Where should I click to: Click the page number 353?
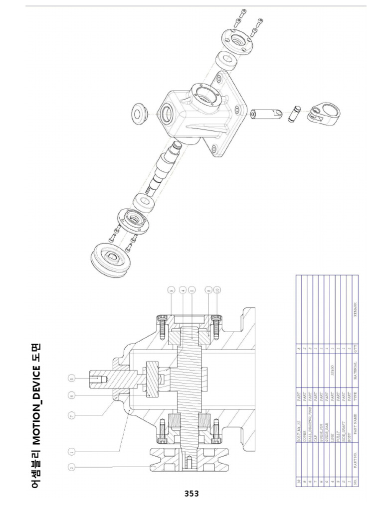point(191,494)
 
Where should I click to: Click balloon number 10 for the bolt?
point(217,290)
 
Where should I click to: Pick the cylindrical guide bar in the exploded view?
point(262,114)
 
